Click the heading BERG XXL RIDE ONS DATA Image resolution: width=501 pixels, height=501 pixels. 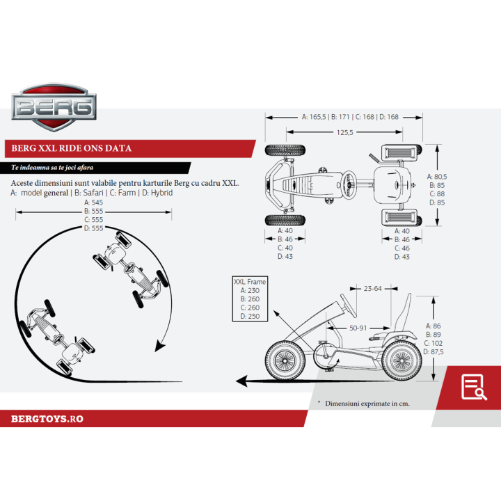point(72,148)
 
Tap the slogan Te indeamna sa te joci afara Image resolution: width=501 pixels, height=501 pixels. point(53,168)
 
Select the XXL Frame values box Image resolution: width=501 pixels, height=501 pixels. point(250,299)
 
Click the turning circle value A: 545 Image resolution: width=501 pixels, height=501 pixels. point(93,202)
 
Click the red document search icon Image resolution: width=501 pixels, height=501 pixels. point(474,387)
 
